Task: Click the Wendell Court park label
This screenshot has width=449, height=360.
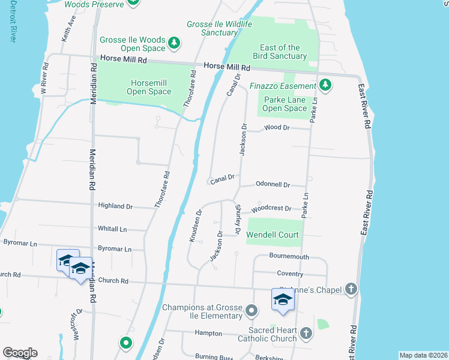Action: (272, 235)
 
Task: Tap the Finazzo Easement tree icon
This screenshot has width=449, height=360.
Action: (325, 85)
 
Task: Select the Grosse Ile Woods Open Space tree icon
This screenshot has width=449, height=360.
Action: (174, 43)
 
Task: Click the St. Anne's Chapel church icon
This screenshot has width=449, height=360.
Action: (352, 290)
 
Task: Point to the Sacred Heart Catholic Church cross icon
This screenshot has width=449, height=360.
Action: (306, 332)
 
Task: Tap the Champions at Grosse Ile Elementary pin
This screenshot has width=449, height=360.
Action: (252, 311)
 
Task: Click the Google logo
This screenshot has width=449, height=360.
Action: (20, 352)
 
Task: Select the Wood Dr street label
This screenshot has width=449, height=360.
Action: (277, 128)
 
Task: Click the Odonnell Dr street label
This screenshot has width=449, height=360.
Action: (273, 185)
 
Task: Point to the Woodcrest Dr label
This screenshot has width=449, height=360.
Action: (271, 209)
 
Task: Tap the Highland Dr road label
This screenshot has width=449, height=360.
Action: (116, 206)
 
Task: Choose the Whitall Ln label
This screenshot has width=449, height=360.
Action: (112, 229)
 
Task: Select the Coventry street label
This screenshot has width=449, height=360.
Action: (290, 274)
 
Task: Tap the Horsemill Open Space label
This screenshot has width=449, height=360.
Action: (149, 87)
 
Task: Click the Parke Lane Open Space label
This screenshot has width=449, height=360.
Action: (285, 104)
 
